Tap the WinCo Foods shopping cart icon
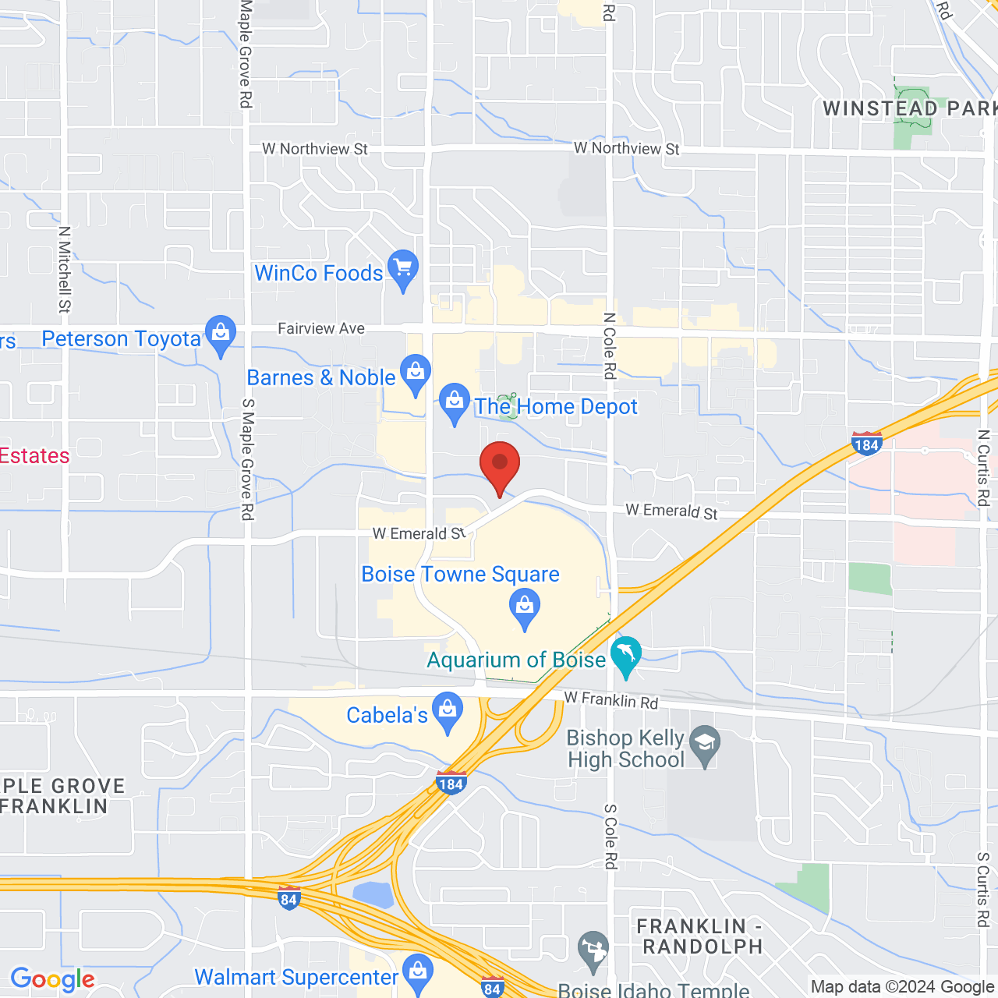click(x=402, y=268)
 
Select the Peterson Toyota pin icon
click(x=221, y=334)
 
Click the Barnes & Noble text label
click(x=321, y=378)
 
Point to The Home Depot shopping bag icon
click(x=454, y=402)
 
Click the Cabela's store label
click(x=387, y=715)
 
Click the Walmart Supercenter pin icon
click(x=419, y=971)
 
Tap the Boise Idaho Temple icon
click(x=593, y=950)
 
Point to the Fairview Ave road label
click(x=321, y=329)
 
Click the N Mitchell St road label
click(x=65, y=269)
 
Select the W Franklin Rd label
click(x=611, y=700)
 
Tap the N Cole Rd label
click(x=610, y=345)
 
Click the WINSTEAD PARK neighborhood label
click(x=909, y=108)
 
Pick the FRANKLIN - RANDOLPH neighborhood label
click(x=700, y=936)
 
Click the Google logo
click(x=53, y=979)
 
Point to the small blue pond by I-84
click(x=373, y=895)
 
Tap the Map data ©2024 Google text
click(x=902, y=987)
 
